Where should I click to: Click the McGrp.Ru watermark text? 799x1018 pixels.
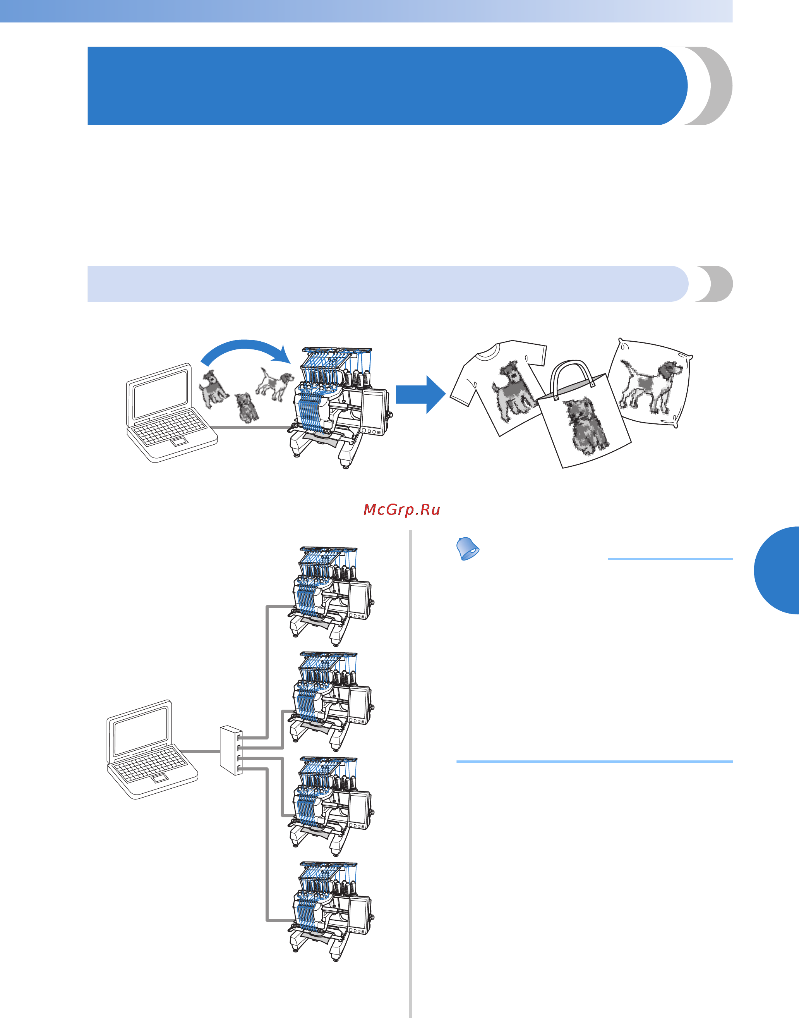(x=401, y=509)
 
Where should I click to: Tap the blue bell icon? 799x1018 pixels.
(x=467, y=549)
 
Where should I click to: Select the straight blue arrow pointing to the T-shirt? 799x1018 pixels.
(x=420, y=394)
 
